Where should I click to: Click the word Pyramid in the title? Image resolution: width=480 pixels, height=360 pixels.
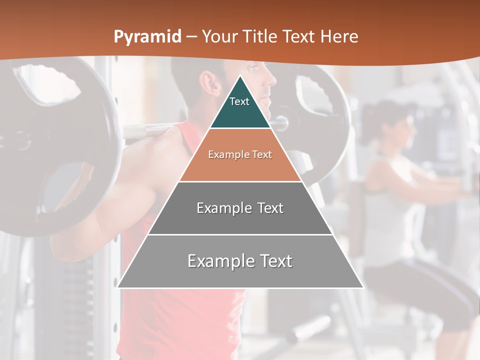(147, 36)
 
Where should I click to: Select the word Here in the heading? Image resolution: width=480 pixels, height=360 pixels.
(339, 36)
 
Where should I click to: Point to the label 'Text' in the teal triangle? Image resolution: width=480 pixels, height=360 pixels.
(239, 101)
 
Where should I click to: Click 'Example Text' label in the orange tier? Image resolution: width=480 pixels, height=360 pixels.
(240, 154)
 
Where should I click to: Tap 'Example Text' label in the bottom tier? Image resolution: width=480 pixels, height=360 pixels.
(240, 261)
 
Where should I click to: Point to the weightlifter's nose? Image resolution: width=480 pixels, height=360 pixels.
(273, 79)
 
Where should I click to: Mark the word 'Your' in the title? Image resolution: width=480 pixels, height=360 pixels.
(220, 36)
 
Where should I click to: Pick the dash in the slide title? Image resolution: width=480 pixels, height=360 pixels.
(191, 36)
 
